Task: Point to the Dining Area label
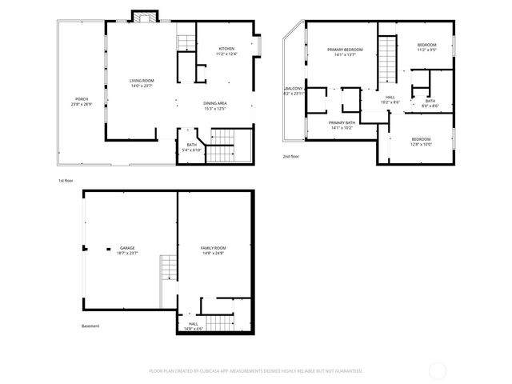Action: click(214, 105)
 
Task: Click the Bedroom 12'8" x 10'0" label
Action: click(421, 142)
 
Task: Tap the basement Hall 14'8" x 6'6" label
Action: click(194, 326)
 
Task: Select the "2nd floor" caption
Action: click(291, 157)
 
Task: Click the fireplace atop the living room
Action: click(142, 16)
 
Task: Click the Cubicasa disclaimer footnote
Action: click(256, 371)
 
